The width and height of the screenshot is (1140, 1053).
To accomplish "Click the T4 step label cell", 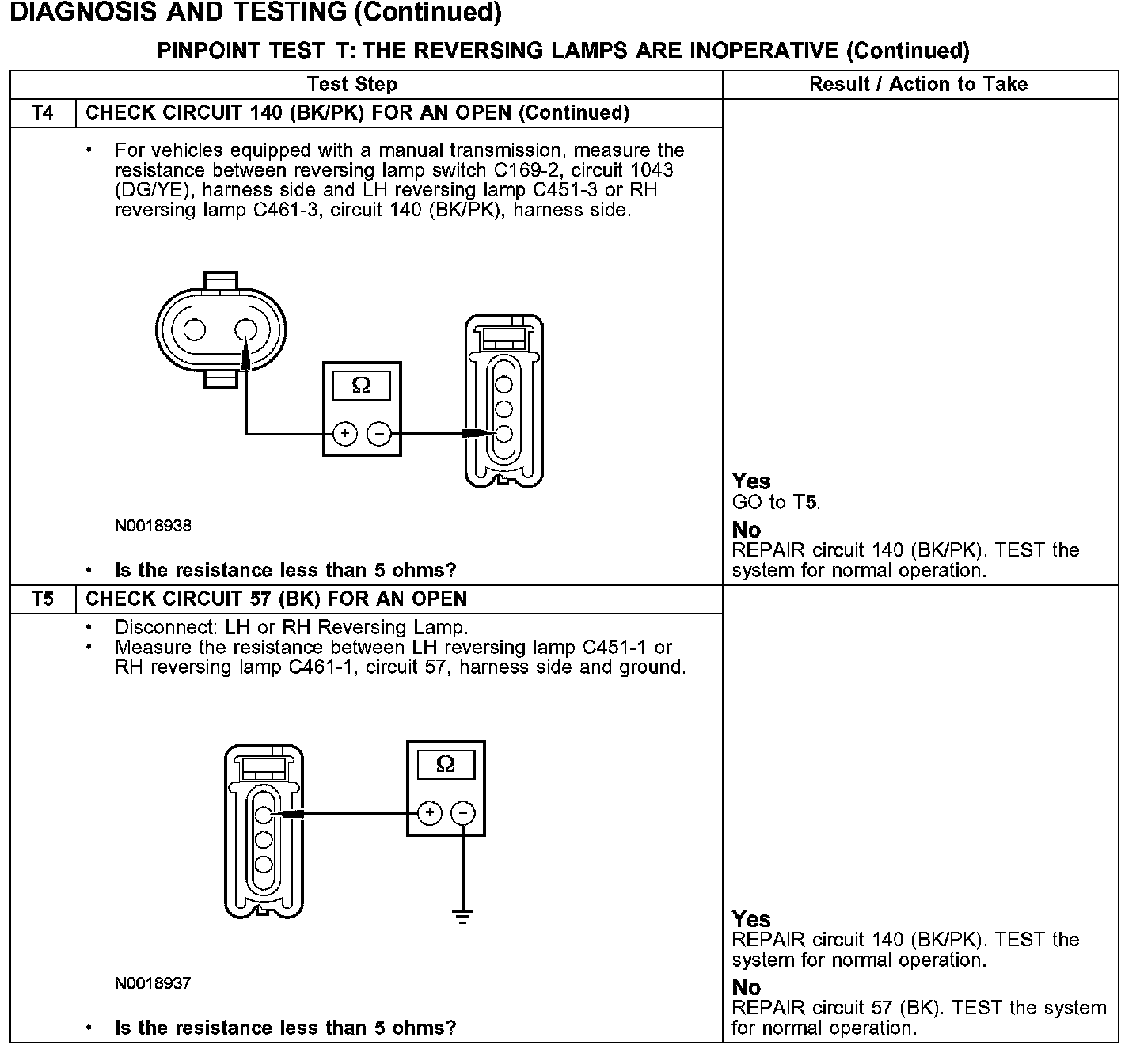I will tap(43, 113).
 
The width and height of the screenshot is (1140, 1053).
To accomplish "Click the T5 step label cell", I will tap(43, 599).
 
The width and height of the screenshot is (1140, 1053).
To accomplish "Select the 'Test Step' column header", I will tap(351, 85).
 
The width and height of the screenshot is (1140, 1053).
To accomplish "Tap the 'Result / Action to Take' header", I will tap(918, 85).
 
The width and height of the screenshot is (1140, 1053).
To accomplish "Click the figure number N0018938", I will tap(153, 526).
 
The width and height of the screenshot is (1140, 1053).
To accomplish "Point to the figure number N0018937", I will tap(153, 983).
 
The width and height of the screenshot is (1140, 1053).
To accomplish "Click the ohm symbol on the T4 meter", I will tap(361, 386).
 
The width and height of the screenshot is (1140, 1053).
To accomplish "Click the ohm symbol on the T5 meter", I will tap(445, 764).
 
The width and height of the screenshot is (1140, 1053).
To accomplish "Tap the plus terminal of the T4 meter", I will tap(345, 434).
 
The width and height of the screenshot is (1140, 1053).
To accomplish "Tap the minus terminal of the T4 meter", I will tap(379, 434).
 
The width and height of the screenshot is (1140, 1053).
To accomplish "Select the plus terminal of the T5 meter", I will tap(429, 813).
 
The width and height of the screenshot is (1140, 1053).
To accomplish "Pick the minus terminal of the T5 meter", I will tap(463, 813).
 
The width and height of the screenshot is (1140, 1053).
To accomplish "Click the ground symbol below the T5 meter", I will tap(463, 916).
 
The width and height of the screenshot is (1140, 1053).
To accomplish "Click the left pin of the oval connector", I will tap(195, 329).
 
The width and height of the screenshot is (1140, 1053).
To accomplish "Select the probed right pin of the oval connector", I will tap(246, 329).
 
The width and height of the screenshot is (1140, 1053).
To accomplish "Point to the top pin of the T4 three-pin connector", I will tap(503, 386).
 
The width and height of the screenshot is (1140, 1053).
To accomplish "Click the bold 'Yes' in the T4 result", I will tap(751, 481).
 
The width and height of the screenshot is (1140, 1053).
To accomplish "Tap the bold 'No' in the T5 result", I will tap(746, 987).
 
